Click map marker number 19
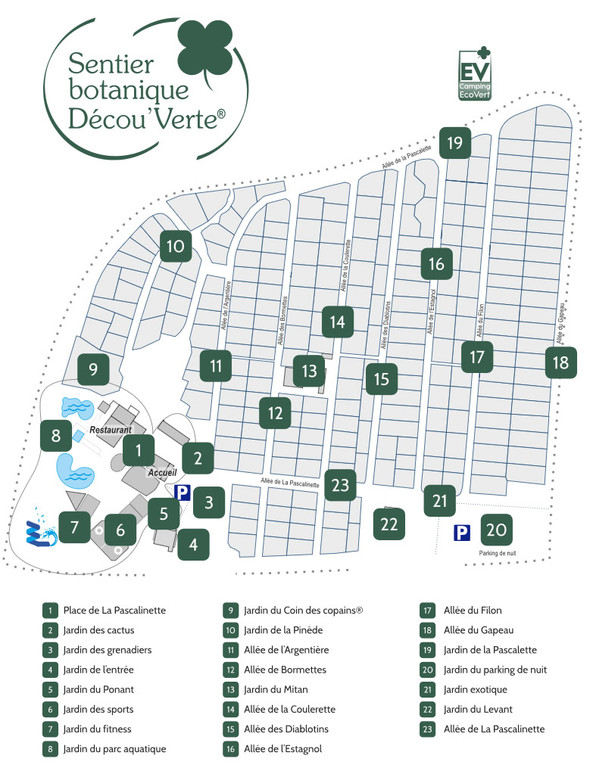click(x=454, y=142)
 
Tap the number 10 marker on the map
click(x=175, y=246)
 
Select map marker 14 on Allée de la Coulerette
click(x=337, y=322)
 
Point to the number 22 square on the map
click(x=389, y=524)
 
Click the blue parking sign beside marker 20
click(x=461, y=533)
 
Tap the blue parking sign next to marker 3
click(x=182, y=493)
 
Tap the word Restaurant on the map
click(x=111, y=430)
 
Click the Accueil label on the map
click(x=162, y=472)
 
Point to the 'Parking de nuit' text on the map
click(x=497, y=553)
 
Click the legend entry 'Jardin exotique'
click(x=476, y=689)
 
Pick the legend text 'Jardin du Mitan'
click(x=276, y=689)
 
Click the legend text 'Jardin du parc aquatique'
click(x=114, y=749)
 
